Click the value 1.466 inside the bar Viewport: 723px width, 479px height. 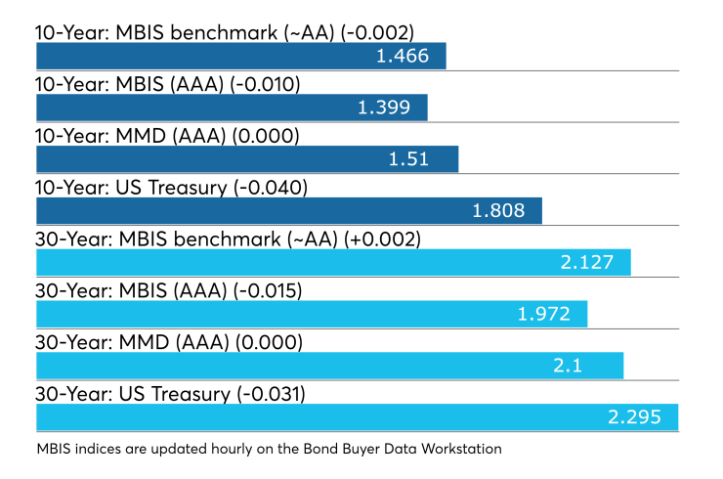point(403,56)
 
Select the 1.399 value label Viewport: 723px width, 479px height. point(384,108)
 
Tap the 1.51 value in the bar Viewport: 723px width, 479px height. point(408,159)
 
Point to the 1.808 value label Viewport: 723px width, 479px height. point(498,211)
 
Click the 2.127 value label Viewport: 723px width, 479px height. point(587,263)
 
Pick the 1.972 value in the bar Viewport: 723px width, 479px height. point(544,314)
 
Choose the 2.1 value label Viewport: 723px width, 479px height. point(568,366)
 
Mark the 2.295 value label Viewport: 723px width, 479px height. point(634,417)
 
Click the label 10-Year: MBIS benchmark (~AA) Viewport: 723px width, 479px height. point(185,33)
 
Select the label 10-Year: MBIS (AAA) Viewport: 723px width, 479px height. point(130,84)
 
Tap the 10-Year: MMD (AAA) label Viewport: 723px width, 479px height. point(131,136)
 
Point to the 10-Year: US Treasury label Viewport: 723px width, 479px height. point(132,188)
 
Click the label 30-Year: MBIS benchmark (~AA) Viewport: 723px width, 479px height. point(187,239)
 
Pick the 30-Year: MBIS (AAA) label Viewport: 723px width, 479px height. point(132,291)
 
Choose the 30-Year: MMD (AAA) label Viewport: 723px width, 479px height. point(132,343)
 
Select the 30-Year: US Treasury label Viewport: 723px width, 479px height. point(133,395)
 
